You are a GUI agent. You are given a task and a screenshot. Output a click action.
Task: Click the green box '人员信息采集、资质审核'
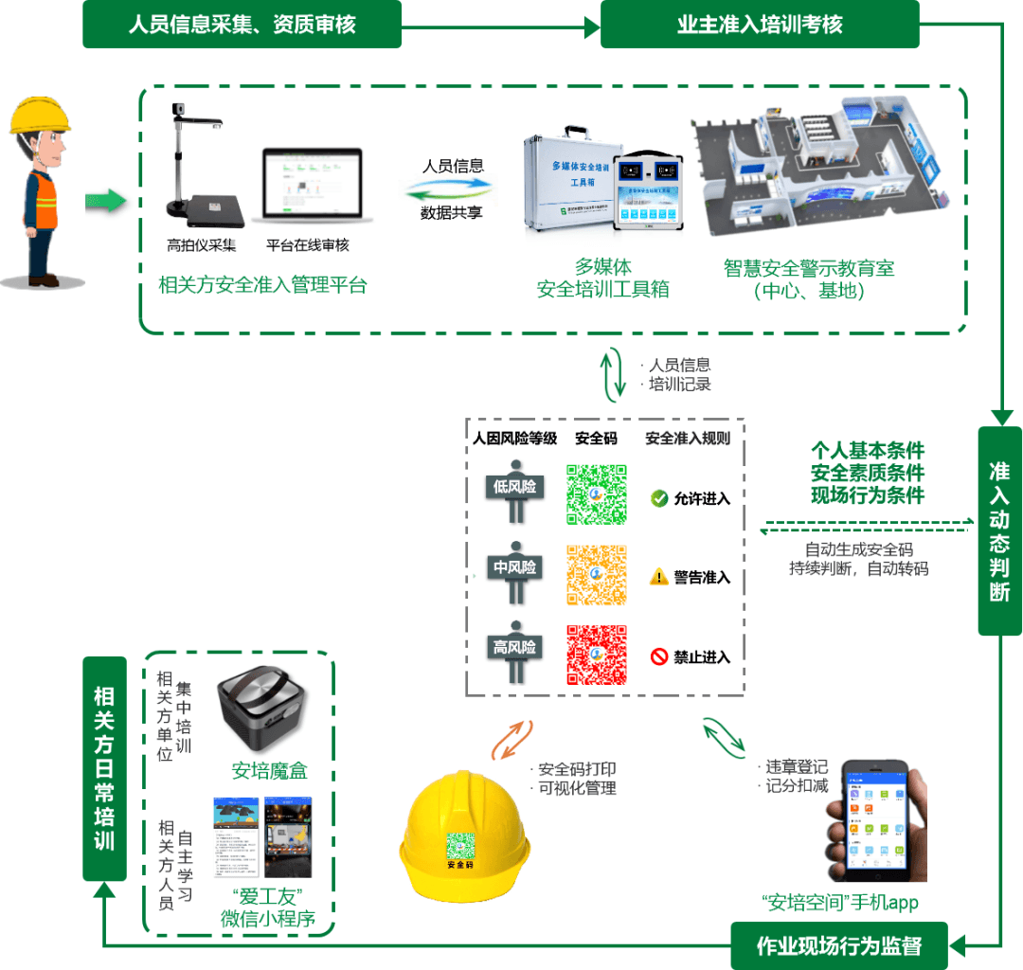(242, 24)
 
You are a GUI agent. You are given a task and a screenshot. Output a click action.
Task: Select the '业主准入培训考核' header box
(760, 24)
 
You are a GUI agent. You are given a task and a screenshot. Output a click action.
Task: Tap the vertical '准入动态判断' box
(999, 530)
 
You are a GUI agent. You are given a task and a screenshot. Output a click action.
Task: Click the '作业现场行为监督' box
(839, 945)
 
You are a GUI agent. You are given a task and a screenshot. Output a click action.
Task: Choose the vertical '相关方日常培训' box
(104, 767)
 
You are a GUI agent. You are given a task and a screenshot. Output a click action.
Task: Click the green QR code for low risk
(597, 494)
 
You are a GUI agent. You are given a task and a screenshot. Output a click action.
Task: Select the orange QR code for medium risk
(597, 575)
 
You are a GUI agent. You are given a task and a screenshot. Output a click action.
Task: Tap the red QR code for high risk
(597, 655)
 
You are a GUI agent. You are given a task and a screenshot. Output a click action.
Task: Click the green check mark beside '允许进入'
(659, 498)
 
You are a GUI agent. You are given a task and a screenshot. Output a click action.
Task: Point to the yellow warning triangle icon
(659, 577)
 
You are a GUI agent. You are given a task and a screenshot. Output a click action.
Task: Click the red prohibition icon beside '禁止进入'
(659, 656)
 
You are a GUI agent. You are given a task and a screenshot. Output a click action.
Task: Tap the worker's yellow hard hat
(40, 116)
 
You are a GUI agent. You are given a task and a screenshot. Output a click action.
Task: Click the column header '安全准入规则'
(688, 439)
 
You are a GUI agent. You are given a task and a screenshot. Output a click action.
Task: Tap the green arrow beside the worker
(106, 201)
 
